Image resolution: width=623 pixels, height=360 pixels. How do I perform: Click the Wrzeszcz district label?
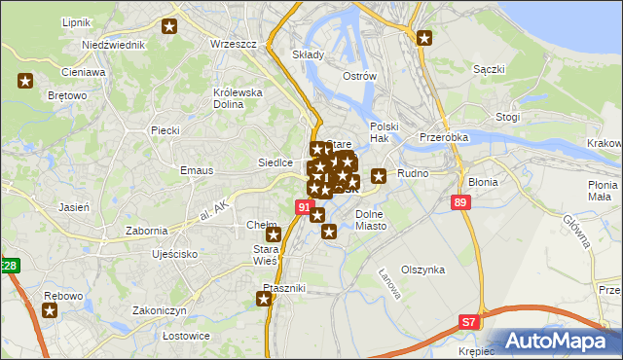(x=233, y=44)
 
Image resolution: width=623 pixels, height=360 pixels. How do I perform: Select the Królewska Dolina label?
(x=238, y=98)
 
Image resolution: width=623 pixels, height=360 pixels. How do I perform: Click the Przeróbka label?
(x=444, y=137)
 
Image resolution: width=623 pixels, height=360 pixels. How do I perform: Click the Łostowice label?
(x=160, y=336)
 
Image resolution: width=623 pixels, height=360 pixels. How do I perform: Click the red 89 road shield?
(x=461, y=201)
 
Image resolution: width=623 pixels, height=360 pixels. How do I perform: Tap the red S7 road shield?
(x=469, y=320)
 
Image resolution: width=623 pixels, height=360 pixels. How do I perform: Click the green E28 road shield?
(x=9, y=265)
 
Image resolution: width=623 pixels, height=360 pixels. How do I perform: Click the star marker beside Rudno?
(x=379, y=175)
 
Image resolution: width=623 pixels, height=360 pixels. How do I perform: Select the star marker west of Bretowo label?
(x=25, y=82)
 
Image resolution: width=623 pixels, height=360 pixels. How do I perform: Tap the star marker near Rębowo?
(x=50, y=311)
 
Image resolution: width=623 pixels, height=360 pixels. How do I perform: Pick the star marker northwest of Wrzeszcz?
(x=170, y=26)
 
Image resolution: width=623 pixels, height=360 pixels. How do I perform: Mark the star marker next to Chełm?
(x=275, y=234)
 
